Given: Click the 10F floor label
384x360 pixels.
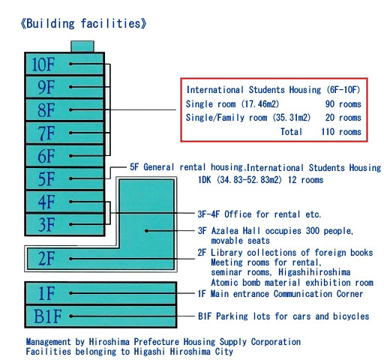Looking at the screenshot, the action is (x=43, y=64).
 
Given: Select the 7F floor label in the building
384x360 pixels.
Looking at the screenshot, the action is (x=46, y=133).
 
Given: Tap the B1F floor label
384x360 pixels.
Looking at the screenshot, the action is (x=47, y=316).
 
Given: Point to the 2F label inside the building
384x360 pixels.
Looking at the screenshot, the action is (x=46, y=259).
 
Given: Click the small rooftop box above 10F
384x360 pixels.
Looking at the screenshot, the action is (x=82, y=46).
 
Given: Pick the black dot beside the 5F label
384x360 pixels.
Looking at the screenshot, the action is (x=70, y=178).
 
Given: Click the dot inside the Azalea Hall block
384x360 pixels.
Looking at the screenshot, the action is (x=146, y=231).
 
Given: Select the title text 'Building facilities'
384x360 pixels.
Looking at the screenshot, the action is (x=83, y=24).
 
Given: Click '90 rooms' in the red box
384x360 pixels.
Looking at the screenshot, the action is (x=343, y=104).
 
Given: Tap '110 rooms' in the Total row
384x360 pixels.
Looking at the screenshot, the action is (x=341, y=131).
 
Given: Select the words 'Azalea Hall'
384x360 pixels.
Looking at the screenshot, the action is (x=235, y=230).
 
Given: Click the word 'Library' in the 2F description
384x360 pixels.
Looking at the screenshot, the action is (x=226, y=253).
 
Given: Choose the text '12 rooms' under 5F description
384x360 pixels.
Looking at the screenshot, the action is (x=305, y=180).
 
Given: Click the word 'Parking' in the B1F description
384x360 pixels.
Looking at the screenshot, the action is (x=232, y=316).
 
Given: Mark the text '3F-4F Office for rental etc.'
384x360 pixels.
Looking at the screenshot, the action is (x=259, y=214).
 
